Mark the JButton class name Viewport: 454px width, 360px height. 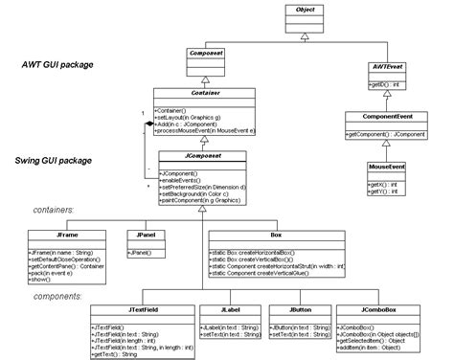point(297,309)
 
